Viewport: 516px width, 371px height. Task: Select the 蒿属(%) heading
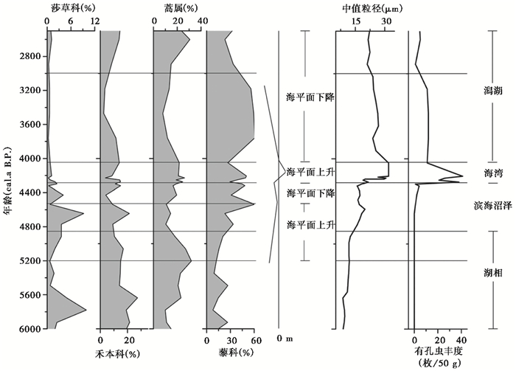177,9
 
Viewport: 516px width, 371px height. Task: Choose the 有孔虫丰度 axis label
439,353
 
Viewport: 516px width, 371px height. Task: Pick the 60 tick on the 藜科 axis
254,341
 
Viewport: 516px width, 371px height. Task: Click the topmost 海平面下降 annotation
310,97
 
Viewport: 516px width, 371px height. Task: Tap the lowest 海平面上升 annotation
310,224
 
